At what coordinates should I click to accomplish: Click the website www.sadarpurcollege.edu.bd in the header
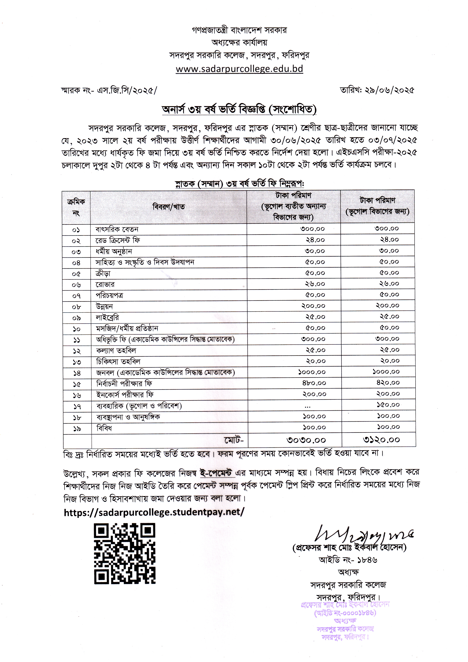coord(239,69)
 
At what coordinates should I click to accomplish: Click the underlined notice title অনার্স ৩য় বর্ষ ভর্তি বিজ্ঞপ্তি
coord(239,110)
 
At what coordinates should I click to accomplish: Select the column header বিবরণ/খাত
coord(169,207)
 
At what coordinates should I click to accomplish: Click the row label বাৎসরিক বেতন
coord(117,229)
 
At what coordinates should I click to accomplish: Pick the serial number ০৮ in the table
coord(76,307)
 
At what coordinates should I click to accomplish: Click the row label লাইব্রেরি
coord(107,317)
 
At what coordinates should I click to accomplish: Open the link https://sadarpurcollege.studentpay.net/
coord(154,512)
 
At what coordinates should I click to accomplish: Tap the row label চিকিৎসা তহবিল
coord(118,362)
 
